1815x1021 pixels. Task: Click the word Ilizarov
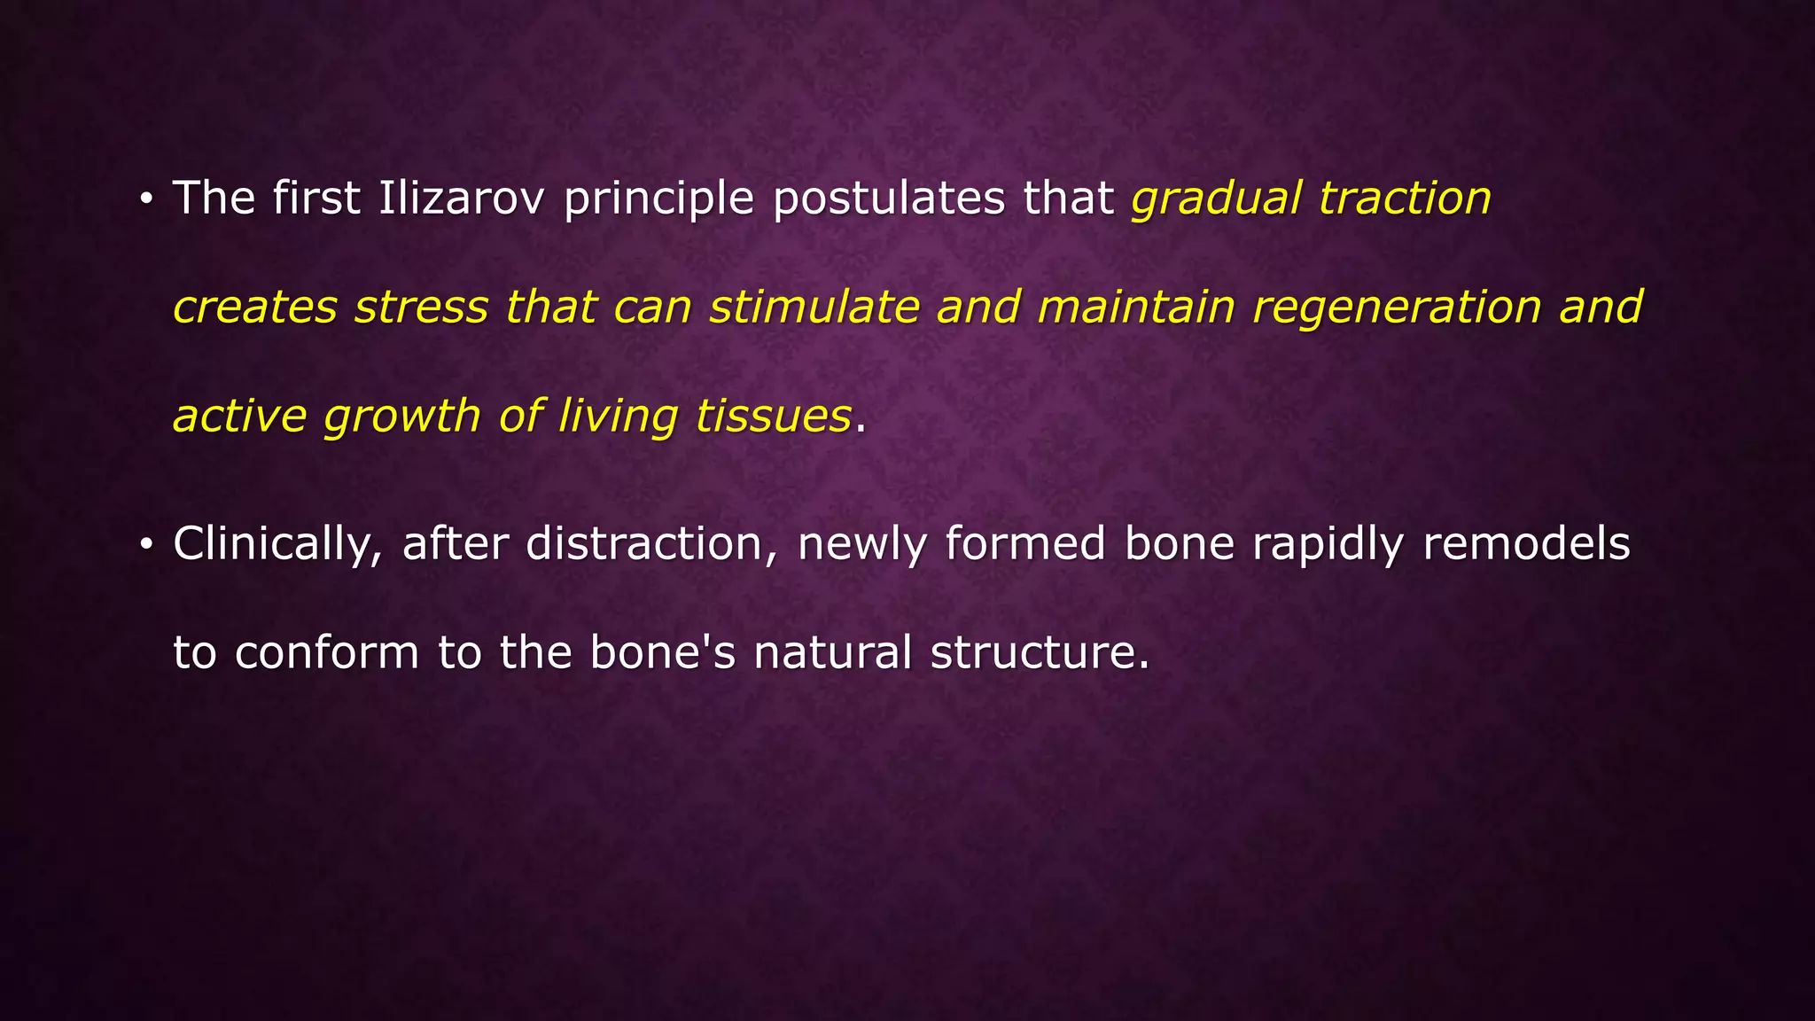pyautogui.click(x=460, y=198)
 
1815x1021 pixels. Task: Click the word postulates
pyautogui.click(x=889, y=199)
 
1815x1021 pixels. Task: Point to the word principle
pyautogui.click(x=658, y=199)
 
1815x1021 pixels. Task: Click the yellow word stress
pyautogui.click(x=421, y=308)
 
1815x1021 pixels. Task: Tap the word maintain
pyautogui.click(x=1135, y=308)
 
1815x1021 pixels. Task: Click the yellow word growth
pyautogui.click(x=401, y=417)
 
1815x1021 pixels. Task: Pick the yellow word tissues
pyautogui.click(x=773, y=417)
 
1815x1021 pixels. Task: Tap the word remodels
pyautogui.click(x=1526, y=544)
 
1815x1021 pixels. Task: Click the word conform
pyautogui.click(x=326, y=653)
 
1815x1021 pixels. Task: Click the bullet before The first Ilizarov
pyautogui.click(x=146, y=199)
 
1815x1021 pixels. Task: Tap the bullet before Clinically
pyautogui.click(x=146, y=544)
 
